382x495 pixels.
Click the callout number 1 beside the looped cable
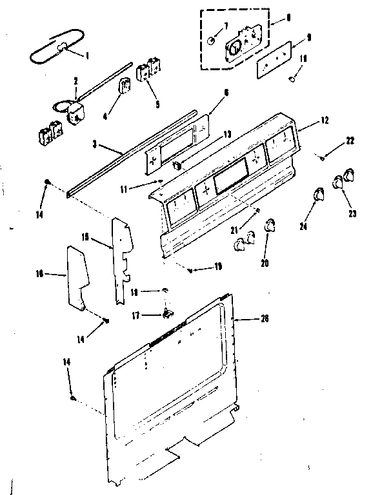[88, 55]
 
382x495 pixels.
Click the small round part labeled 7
[211, 41]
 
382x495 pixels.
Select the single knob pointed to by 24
[317, 194]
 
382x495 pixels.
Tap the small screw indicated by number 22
[322, 155]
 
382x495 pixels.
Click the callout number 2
[75, 81]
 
